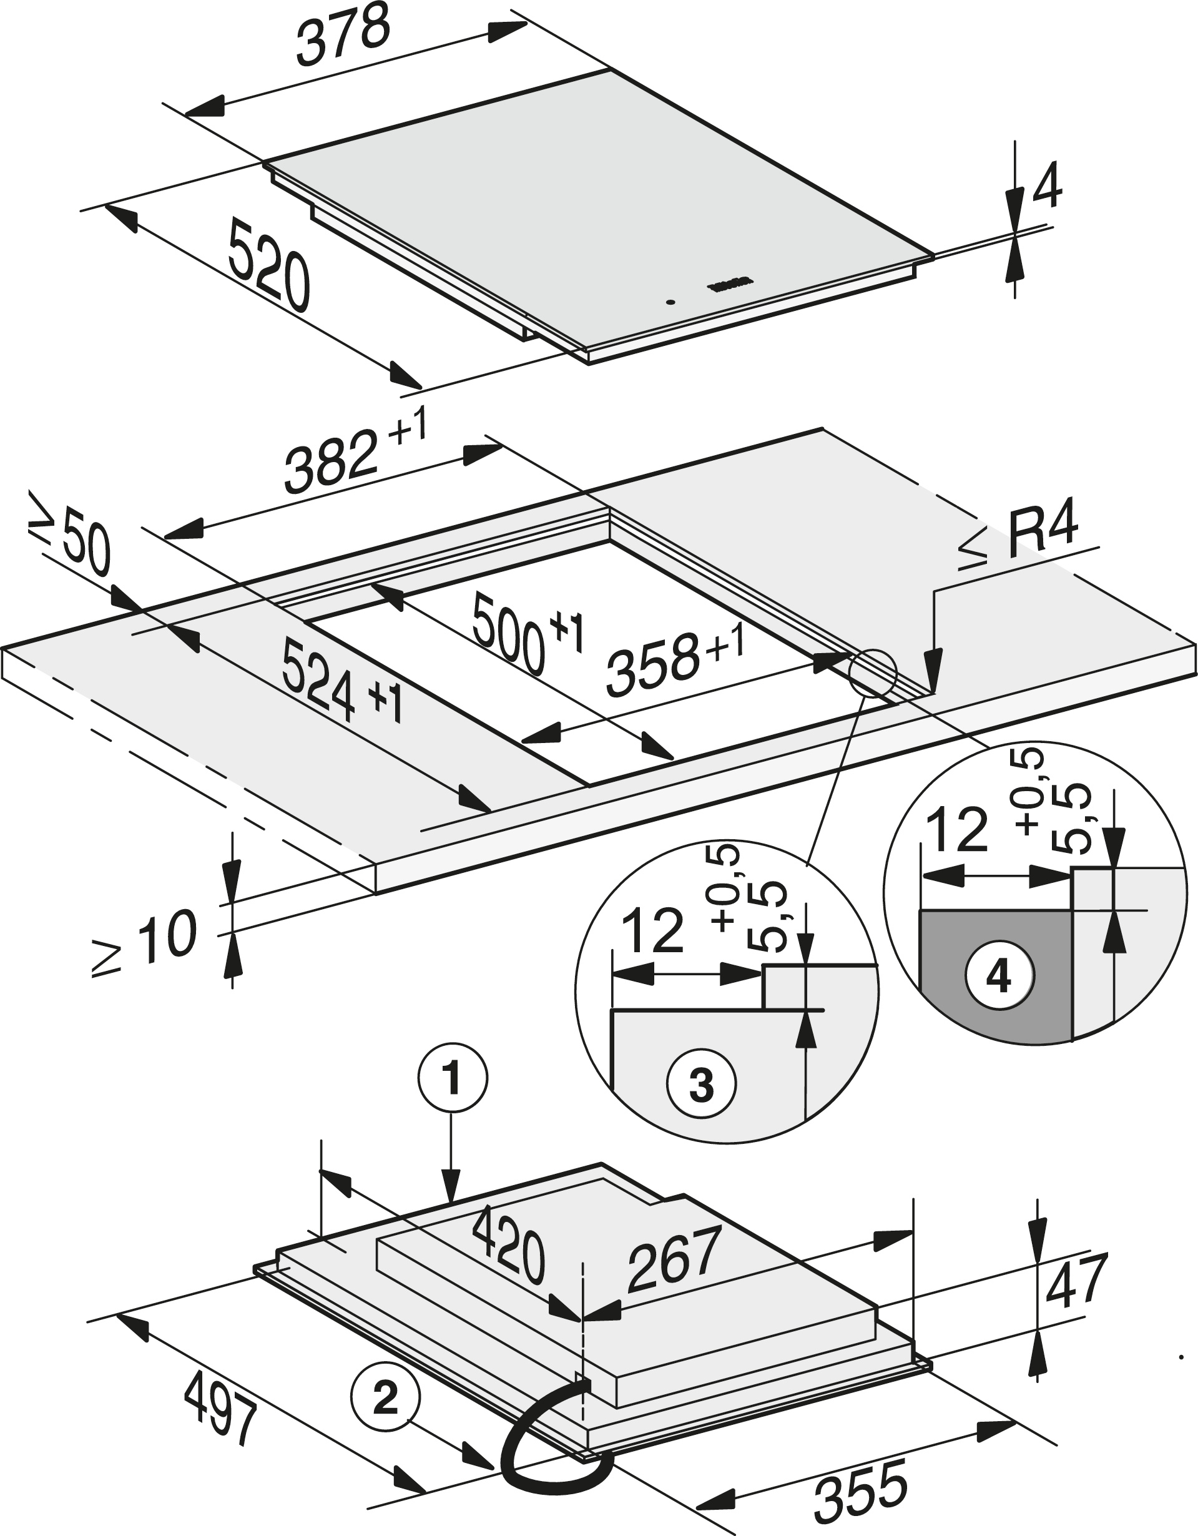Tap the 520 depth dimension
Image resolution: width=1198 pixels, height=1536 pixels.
pyautogui.click(x=269, y=263)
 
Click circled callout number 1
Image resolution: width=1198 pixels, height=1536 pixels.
pyautogui.click(x=452, y=1080)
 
